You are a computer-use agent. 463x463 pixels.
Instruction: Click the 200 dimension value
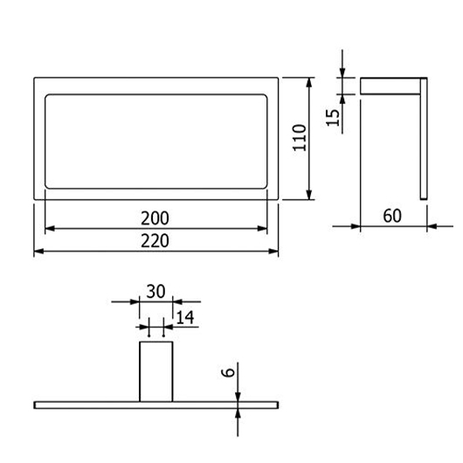[x=155, y=218]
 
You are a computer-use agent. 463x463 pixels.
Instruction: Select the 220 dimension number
[x=155, y=240]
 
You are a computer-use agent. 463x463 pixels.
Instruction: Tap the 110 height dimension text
[x=300, y=138]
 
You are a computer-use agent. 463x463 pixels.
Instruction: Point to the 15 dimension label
[x=333, y=118]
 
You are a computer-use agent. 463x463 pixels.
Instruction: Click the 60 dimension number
[x=392, y=216]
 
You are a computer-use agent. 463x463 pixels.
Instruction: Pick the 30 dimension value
[x=155, y=292]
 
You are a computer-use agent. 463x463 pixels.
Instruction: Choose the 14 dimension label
[x=185, y=318]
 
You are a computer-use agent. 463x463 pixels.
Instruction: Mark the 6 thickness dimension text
[x=228, y=372]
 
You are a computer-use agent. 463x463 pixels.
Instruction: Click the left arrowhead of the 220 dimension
[x=38, y=252]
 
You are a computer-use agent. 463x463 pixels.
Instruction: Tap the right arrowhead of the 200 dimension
[x=262, y=228]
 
